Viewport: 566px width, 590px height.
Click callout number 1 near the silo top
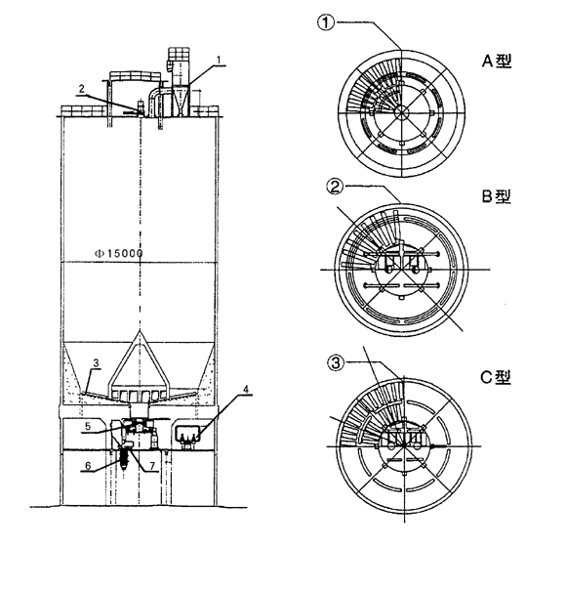(x=220, y=60)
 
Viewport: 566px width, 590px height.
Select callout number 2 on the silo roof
(x=82, y=89)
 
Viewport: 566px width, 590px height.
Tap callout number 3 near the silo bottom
(x=96, y=363)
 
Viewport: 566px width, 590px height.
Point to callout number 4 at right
(x=246, y=389)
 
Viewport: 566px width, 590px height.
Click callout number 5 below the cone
(x=88, y=426)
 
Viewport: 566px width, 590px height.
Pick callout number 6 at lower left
(x=88, y=466)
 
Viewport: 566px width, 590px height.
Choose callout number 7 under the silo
(x=152, y=466)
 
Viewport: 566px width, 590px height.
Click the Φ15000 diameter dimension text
(x=118, y=253)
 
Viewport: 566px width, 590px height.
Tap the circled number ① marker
(x=326, y=22)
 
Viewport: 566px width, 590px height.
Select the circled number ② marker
(x=336, y=186)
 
